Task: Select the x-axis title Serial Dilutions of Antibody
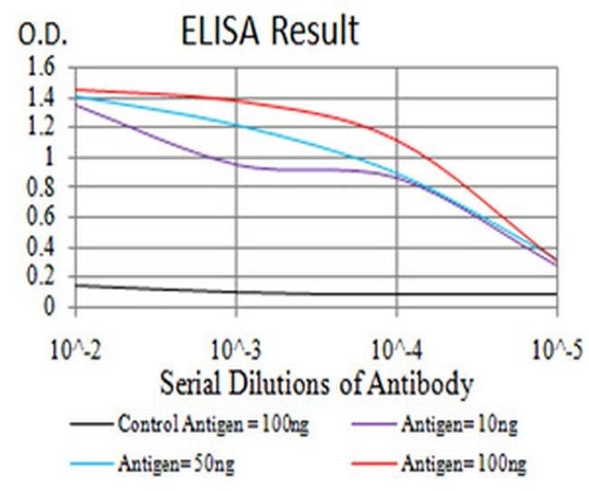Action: click(x=317, y=383)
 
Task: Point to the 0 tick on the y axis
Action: click(x=50, y=307)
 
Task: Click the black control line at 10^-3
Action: click(x=237, y=292)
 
